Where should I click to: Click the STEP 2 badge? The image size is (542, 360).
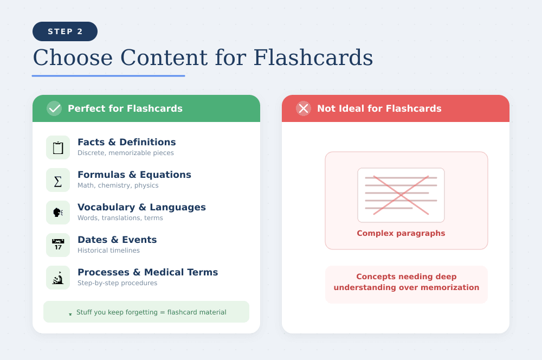tap(65, 31)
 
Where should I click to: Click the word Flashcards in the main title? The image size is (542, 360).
tap(313, 57)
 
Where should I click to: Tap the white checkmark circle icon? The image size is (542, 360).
tap(54, 108)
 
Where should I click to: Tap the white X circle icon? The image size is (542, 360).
tap(304, 108)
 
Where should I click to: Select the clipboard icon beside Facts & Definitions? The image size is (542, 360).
tap(58, 147)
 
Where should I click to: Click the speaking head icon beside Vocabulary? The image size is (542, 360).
tap(58, 213)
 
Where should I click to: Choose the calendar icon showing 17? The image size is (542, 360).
tap(58, 245)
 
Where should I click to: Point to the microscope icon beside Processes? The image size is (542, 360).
tap(58, 278)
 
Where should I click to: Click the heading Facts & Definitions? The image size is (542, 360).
tap(126, 142)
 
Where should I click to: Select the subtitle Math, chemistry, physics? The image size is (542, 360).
tap(118, 185)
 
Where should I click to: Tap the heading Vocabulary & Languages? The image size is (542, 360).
tap(141, 207)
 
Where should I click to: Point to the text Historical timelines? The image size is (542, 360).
tap(108, 250)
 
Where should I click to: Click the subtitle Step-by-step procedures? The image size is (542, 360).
tap(117, 283)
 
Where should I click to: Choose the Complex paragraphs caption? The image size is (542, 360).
tap(401, 233)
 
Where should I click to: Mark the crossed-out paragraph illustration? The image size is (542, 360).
tap(401, 195)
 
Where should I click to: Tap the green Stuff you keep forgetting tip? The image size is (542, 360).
tap(146, 312)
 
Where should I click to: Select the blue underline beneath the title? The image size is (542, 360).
tap(108, 76)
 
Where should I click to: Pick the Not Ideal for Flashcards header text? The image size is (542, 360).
tap(379, 108)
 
